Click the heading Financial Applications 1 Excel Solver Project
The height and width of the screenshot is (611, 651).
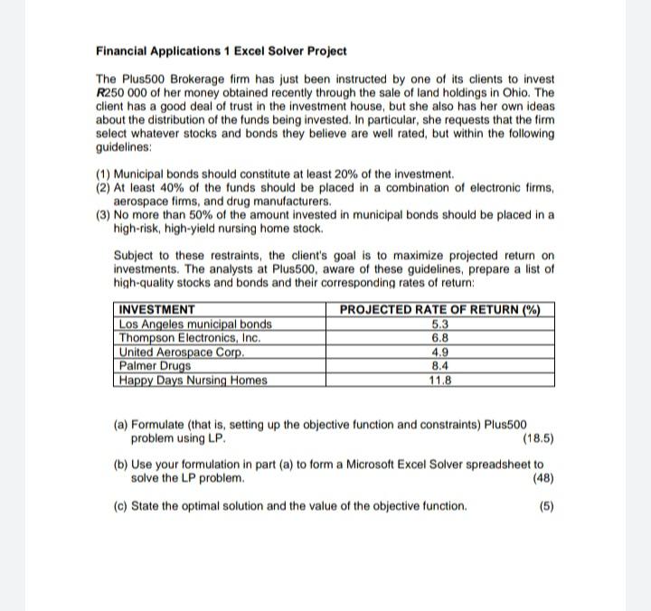coord(221,52)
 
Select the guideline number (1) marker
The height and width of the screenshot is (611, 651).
coord(104,174)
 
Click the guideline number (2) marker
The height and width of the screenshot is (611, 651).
coord(104,187)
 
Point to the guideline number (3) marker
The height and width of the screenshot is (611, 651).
coord(104,215)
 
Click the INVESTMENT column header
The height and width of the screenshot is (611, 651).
coord(157,310)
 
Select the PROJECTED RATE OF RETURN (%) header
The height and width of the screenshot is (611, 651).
coord(439,310)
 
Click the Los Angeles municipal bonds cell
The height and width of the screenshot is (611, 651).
coord(195,324)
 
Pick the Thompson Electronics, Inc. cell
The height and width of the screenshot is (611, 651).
coord(190,338)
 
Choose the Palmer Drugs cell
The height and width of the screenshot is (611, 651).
coord(156,365)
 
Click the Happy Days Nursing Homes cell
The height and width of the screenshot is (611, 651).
coord(193,380)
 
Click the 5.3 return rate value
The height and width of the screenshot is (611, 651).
coord(439,324)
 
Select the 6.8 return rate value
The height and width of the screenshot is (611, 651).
coord(439,338)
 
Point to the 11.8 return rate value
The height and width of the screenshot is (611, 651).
coord(439,380)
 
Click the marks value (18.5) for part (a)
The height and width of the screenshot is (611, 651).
coord(538,439)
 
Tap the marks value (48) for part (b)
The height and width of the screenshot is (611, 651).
coord(543,478)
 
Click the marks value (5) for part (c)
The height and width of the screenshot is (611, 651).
coord(546,506)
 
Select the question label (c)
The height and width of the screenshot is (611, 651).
coord(120,506)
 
